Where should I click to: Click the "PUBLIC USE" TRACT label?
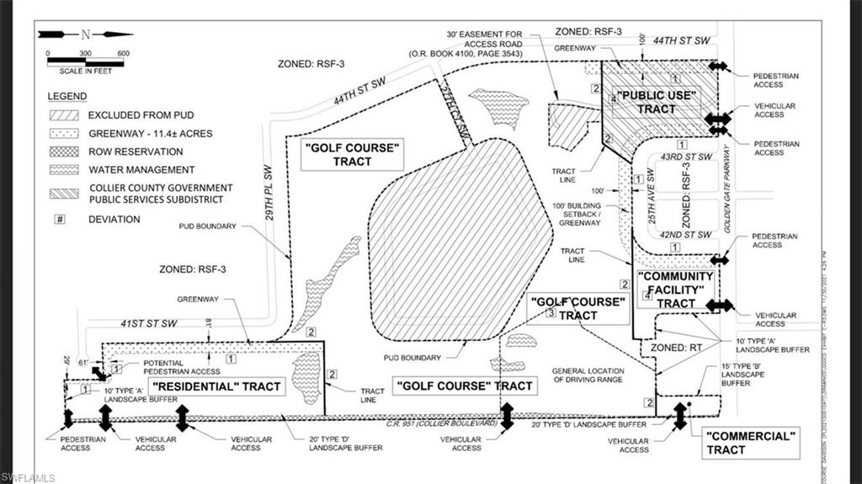click(x=657, y=102)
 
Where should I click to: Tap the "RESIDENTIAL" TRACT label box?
click(x=216, y=386)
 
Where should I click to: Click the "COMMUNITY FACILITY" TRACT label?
click(x=676, y=290)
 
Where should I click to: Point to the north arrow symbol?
click(x=85, y=35)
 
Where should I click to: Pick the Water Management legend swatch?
click(x=65, y=170)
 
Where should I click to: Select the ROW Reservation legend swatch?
click(x=65, y=152)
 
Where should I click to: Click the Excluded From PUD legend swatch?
click(x=65, y=114)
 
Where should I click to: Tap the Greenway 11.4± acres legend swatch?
click(x=65, y=133)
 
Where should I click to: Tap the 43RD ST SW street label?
click(x=687, y=157)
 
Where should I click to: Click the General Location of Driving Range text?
click(x=588, y=375)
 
